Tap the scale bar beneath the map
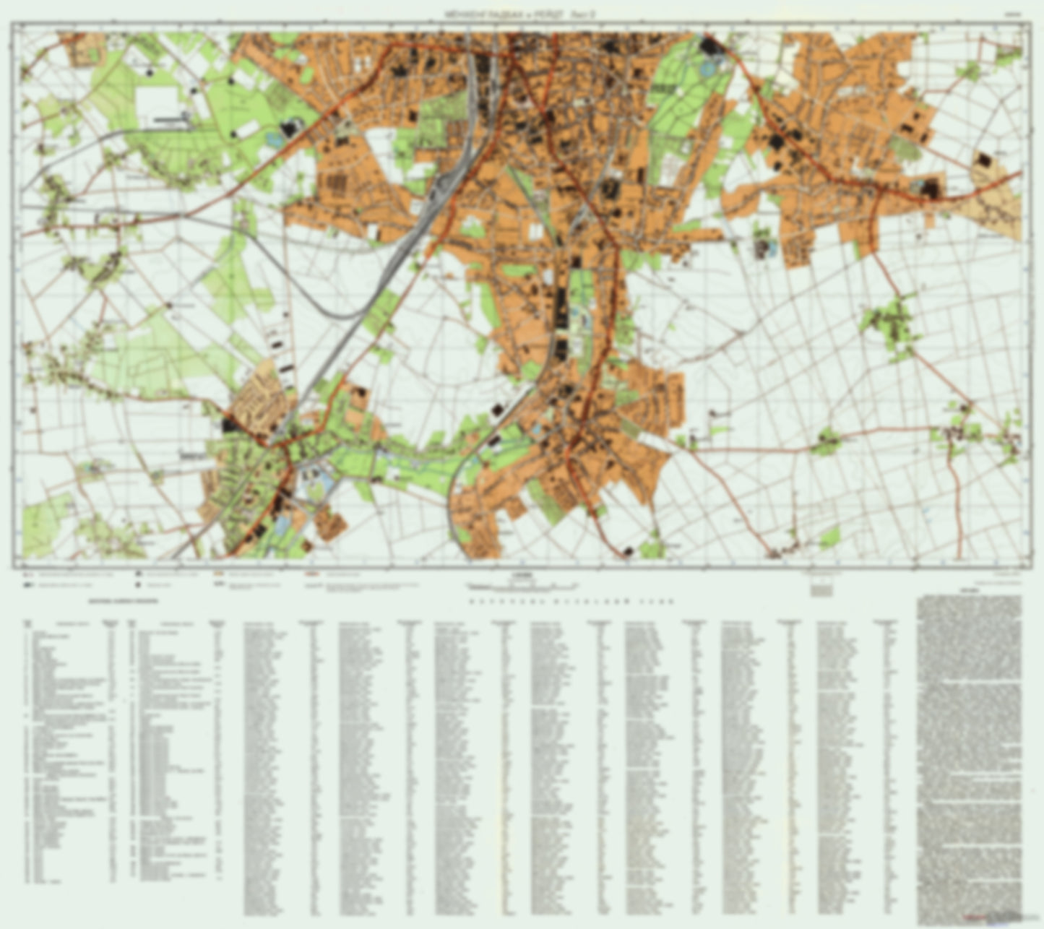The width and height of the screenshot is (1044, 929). (x=521, y=583)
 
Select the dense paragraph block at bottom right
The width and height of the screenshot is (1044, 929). (x=969, y=759)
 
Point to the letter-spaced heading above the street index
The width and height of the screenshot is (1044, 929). (x=571, y=601)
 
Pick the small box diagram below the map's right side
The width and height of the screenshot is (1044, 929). (x=820, y=587)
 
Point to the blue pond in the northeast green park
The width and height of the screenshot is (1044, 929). (x=707, y=70)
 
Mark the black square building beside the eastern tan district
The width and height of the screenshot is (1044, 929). (x=983, y=160)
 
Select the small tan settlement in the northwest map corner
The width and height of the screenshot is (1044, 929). (x=86, y=48)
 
